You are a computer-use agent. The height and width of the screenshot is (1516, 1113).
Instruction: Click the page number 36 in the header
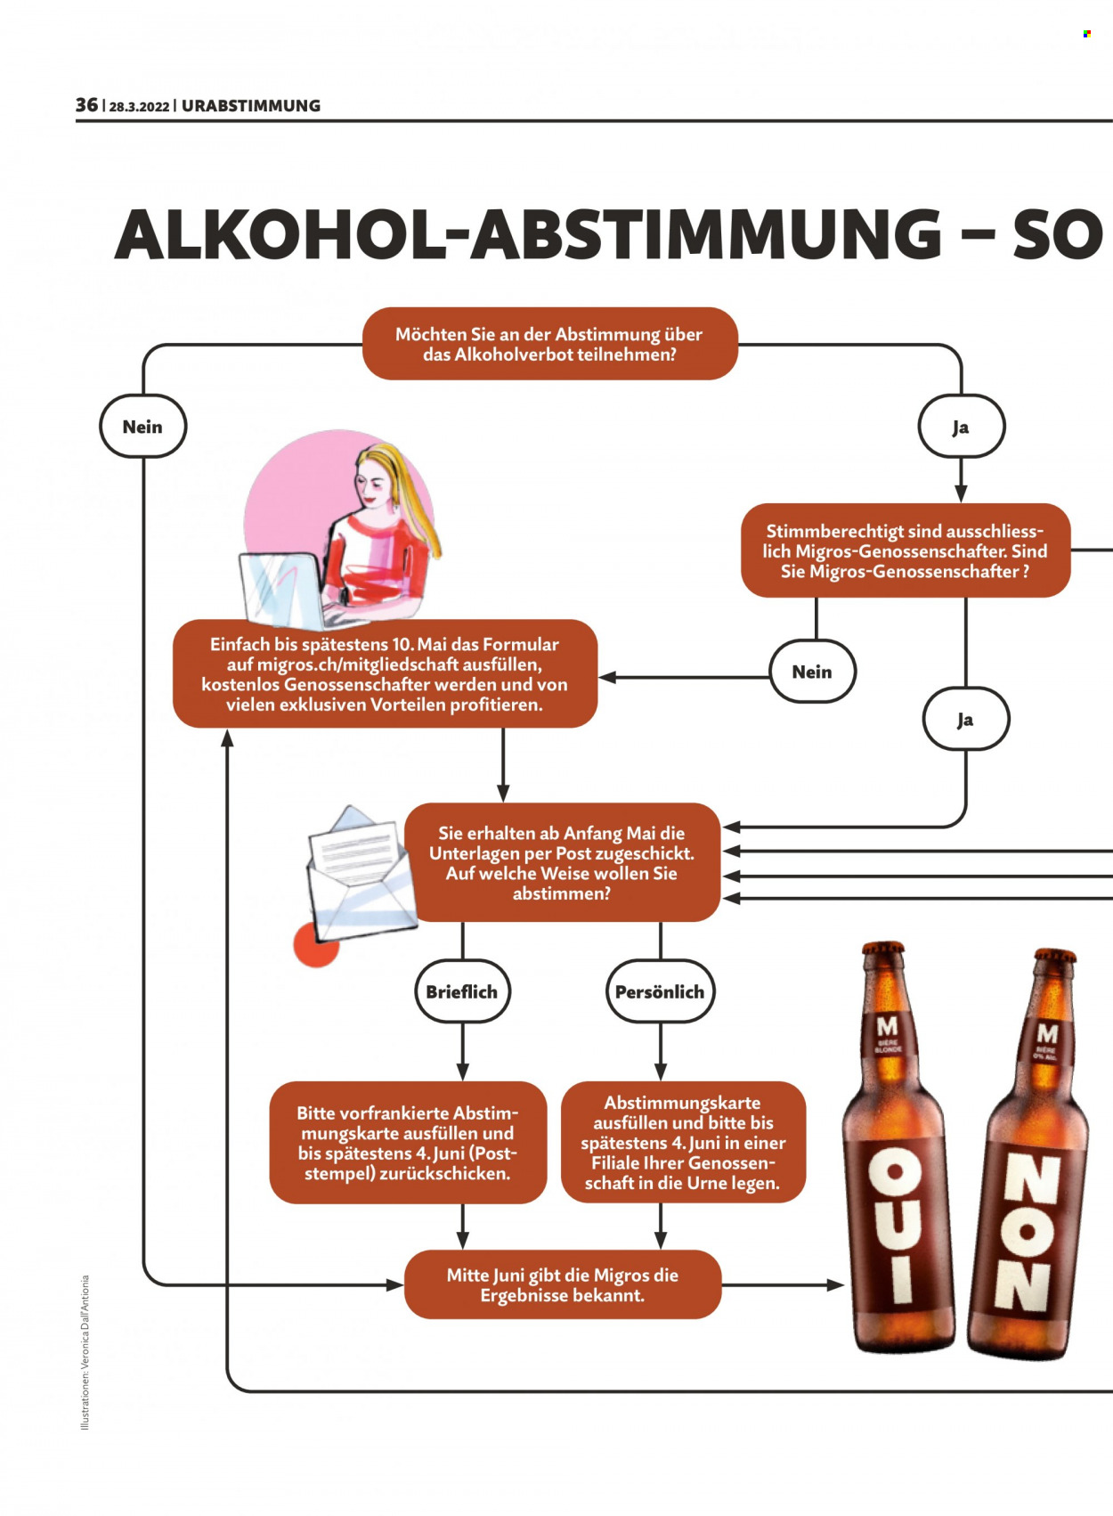[86, 105]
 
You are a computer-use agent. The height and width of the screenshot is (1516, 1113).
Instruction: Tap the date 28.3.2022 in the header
[139, 107]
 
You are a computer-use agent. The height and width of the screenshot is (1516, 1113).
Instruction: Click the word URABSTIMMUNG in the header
[251, 106]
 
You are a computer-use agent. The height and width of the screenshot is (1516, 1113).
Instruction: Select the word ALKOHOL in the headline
[280, 234]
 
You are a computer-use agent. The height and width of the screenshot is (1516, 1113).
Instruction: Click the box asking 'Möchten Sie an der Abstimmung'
[550, 344]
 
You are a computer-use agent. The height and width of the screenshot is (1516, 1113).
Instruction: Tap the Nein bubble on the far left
[142, 427]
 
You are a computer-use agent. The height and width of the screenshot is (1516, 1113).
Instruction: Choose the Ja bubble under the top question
[961, 427]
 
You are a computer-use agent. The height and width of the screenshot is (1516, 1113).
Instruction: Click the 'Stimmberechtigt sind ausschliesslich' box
[906, 550]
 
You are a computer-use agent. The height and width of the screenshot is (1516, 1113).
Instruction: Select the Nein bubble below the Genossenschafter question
[812, 672]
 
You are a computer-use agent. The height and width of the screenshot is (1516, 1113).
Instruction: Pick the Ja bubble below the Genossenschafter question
[965, 719]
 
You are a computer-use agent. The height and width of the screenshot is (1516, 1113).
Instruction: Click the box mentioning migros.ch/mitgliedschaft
[385, 673]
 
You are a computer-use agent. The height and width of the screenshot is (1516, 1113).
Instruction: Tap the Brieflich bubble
[462, 991]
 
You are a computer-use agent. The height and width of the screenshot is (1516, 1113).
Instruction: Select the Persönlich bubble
[660, 991]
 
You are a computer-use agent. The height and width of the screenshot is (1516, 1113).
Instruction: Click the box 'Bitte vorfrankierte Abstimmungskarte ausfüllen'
[408, 1143]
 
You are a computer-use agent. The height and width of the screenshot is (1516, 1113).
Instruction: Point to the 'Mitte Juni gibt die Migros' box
[562, 1284]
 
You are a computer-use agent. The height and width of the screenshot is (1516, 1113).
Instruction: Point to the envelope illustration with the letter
[360, 873]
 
